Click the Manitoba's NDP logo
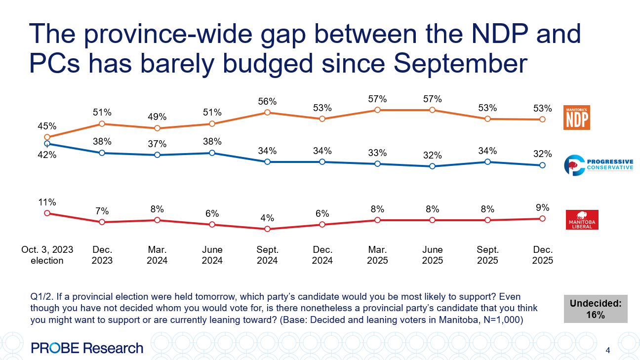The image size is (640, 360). tap(577, 117)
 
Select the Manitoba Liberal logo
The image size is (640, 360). tap(581, 220)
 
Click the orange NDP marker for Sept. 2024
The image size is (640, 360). tap(267, 112)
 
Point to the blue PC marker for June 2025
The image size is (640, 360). tap(432, 166)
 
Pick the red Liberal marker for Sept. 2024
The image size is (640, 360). tap(267, 229)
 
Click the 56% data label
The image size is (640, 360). tap(267, 101)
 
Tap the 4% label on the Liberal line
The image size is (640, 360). tap(267, 218)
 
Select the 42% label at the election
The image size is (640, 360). tap(47, 155)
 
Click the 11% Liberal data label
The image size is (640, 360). tap(47, 202)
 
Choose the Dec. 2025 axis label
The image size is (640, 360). tap(543, 255)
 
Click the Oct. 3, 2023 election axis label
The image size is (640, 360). tap(47, 255)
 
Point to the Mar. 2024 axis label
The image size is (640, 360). tap(157, 255)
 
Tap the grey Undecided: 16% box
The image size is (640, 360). tap(596, 309)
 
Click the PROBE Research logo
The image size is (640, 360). tap(87, 348)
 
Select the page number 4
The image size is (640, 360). tap(607, 351)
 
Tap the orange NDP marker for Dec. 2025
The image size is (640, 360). tap(542, 119)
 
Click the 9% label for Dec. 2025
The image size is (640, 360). tap(542, 207)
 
